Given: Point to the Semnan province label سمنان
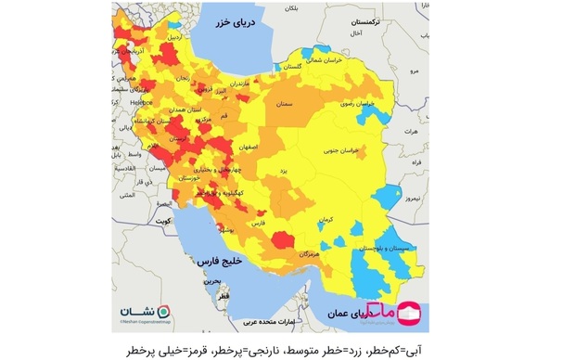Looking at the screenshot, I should tap(284, 105).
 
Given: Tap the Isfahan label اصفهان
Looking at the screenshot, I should tap(246, 148).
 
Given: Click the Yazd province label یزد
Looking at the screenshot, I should tap(287, 172).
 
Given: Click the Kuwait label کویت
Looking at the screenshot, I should tap(163, 222).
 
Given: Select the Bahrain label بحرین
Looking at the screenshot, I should tap(213, 279).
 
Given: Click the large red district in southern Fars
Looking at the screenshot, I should tap(282, 241).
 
